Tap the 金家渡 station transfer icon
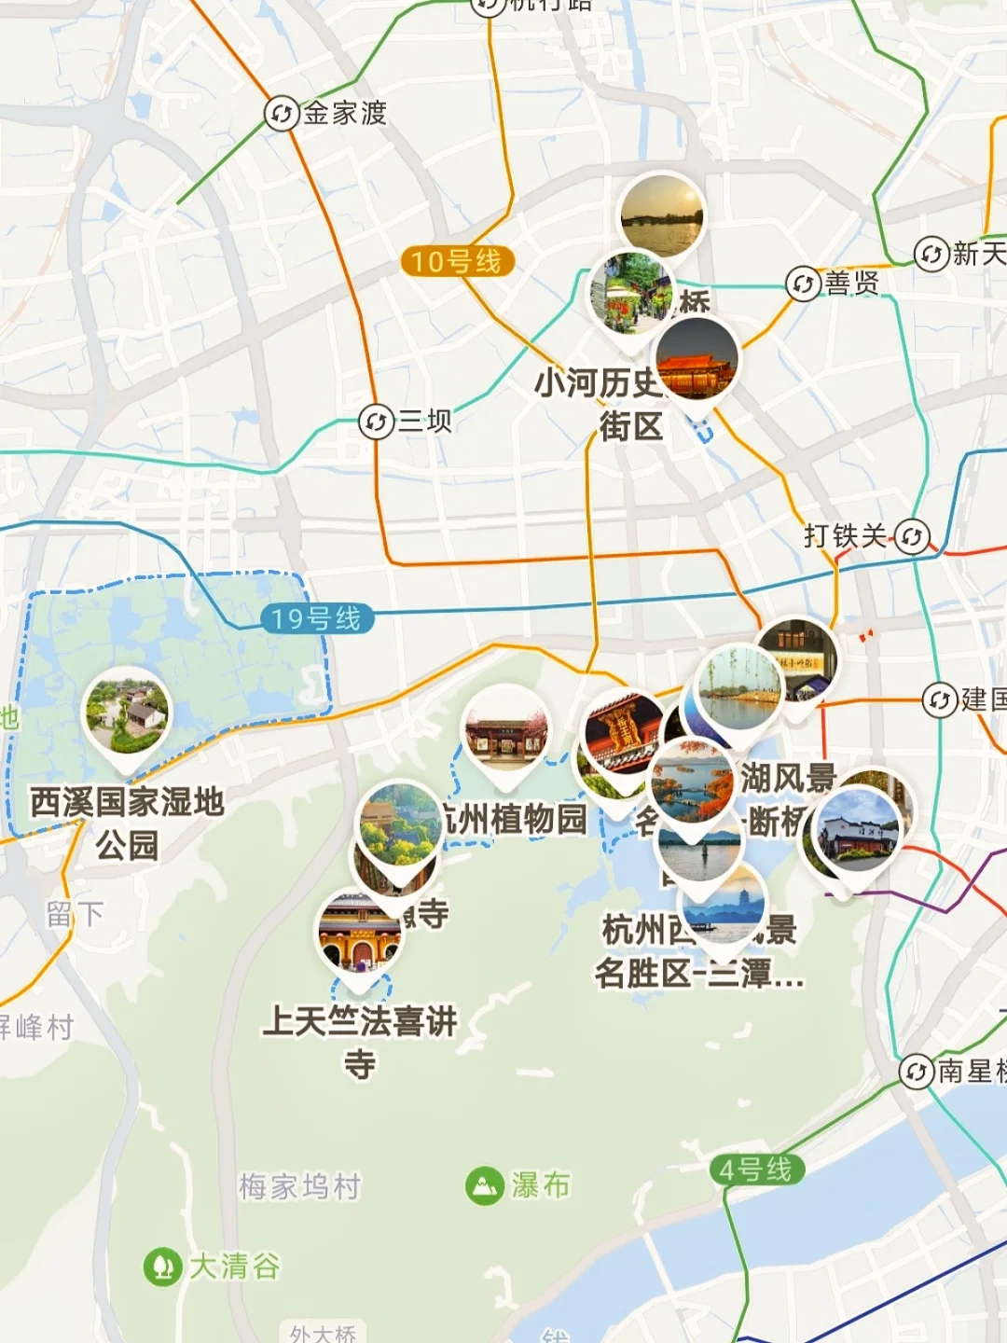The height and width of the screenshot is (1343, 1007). coord(281,114)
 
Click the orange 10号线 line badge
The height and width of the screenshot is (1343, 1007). coord(457,261)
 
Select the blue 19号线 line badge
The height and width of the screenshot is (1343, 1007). coord(316,618)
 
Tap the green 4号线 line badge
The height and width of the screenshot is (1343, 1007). coord(755,1169)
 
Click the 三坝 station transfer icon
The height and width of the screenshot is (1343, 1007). coord(376,422)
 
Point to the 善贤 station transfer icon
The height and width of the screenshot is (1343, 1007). coord(803,284)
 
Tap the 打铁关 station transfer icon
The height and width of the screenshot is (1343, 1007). coord(912,536)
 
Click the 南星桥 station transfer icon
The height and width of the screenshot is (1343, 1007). coord(917,1071)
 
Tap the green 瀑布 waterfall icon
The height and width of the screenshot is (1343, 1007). coord(485,1185)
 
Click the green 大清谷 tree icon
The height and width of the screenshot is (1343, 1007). coord(162,1267)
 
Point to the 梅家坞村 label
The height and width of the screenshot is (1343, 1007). coord(299,1186)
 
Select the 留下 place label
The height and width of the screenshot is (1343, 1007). coord(75,914)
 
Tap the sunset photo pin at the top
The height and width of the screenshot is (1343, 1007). coord(662,215)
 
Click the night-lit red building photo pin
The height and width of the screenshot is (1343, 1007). coord(697,359)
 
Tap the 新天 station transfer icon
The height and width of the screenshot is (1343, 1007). coord(931,254)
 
